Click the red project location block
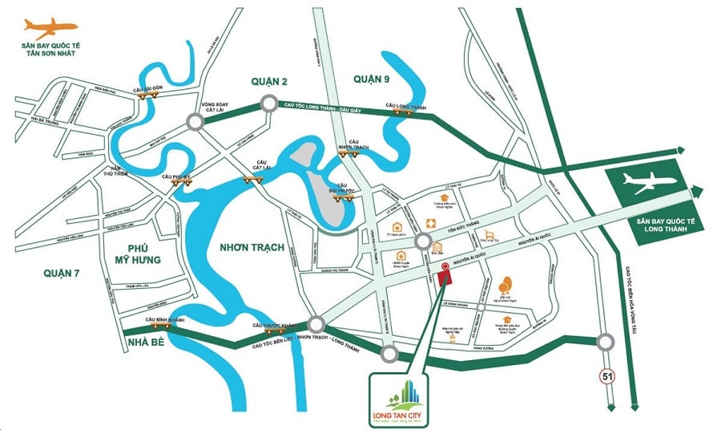445,277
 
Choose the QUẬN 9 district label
371,78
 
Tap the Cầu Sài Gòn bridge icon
146,95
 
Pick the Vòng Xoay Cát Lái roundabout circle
195,122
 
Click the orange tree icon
504,286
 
